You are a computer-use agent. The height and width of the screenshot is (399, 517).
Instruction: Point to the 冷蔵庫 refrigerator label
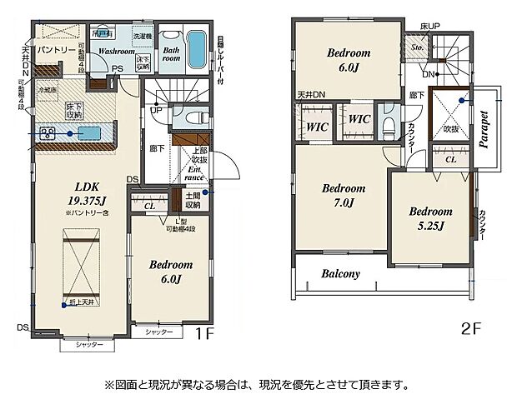click(x=47, y=88)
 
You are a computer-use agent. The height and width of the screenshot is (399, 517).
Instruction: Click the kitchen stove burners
click(x=46, y=132)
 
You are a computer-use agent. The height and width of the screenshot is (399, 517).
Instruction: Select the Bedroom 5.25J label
click(x=430, y=217)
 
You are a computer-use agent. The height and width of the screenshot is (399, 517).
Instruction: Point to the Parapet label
click(x=483, y=128)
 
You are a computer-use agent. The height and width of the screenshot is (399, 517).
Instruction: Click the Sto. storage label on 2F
click(x=417, y=47)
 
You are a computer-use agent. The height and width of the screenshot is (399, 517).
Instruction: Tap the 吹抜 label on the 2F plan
click(x=451, y=129)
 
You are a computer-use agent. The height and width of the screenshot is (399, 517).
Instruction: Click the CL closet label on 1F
click(x=149, y=205)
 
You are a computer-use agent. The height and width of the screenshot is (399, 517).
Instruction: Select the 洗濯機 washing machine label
click(x=143, y=38)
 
